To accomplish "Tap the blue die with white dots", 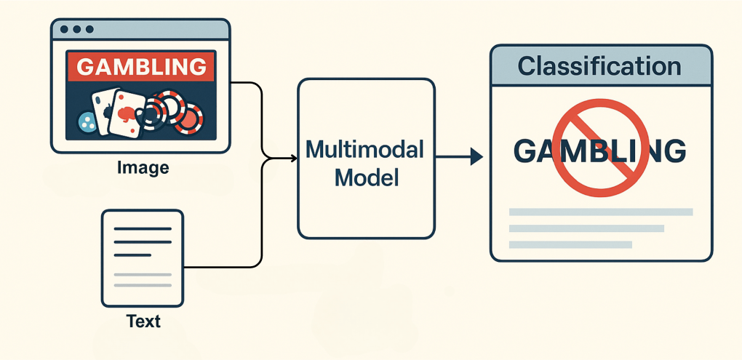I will (x=87, y=123).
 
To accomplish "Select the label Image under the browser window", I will (x=143, y=168).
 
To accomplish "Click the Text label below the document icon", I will (x=143, y=321).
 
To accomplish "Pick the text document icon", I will (x=143, y=258).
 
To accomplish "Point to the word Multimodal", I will (x=364, y=149).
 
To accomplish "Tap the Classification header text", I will (x=599, y=66).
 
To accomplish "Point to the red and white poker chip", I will (x=188, y=119).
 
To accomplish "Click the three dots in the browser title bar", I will (x=78, y=30).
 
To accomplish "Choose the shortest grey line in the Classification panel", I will (x=570, y=244).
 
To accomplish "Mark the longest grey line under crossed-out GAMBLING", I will (x=601, y=212).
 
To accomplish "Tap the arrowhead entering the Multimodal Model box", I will (x=292, y=158).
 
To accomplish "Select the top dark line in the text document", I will (x=143, y=228).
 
